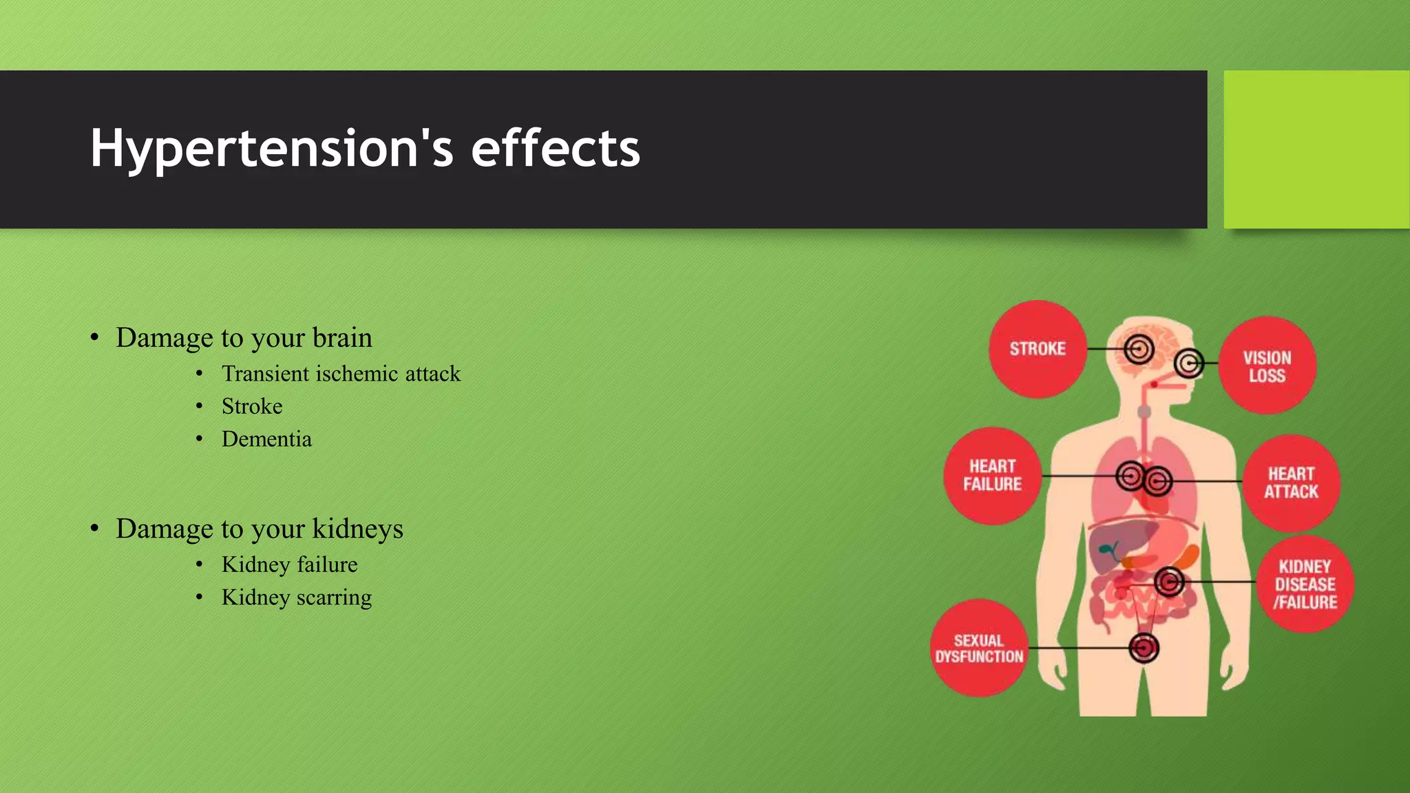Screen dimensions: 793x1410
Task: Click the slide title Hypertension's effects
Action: point(365,149)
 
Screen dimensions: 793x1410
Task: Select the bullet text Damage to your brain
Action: point(244,337)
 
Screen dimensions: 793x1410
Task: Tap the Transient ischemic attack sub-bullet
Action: point(341,374)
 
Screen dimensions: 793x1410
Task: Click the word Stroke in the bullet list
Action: point(252,406)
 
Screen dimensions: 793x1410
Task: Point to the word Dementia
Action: point(266,439)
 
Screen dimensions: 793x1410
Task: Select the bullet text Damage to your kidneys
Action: point(259,529)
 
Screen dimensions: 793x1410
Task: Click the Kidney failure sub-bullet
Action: point(289,564)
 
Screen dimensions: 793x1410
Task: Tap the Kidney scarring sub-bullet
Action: point(296,598)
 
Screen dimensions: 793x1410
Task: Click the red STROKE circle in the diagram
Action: point(1038,349)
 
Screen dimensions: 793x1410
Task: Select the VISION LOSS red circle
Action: point(1267,366)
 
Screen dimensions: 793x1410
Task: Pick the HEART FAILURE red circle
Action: point(992,476)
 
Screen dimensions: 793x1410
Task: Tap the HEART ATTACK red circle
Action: point(1291,483)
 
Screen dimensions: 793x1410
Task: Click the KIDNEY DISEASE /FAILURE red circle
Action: point(1305,584)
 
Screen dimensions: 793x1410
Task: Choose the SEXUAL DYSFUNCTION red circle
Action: point(979,648)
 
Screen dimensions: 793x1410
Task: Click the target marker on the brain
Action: point(1139,349)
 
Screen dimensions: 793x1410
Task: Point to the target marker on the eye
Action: point(1189,363)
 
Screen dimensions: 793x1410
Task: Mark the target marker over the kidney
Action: point(1169,582)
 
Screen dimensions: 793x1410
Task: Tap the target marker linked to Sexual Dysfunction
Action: point(1144,648)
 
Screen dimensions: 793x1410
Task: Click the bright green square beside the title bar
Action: point(1316,149)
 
